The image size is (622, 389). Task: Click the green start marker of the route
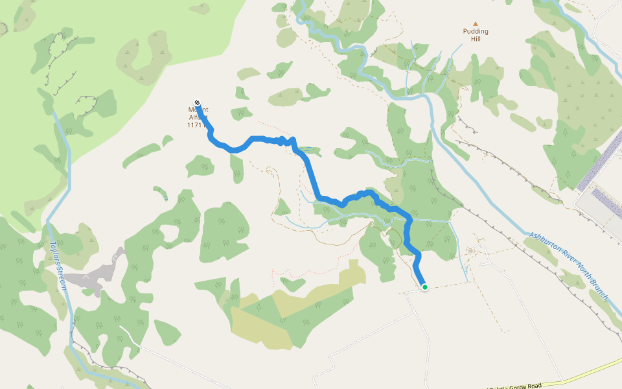424,287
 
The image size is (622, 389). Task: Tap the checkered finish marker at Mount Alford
197,102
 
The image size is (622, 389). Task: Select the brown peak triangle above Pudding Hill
476,23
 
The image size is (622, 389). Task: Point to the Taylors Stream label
58,265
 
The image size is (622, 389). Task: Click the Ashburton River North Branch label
568,266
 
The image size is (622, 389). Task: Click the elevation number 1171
194,125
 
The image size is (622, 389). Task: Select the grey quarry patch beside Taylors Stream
97,276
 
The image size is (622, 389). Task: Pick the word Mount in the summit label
198,110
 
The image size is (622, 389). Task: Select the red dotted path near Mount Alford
266,123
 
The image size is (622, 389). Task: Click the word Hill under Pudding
476,39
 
